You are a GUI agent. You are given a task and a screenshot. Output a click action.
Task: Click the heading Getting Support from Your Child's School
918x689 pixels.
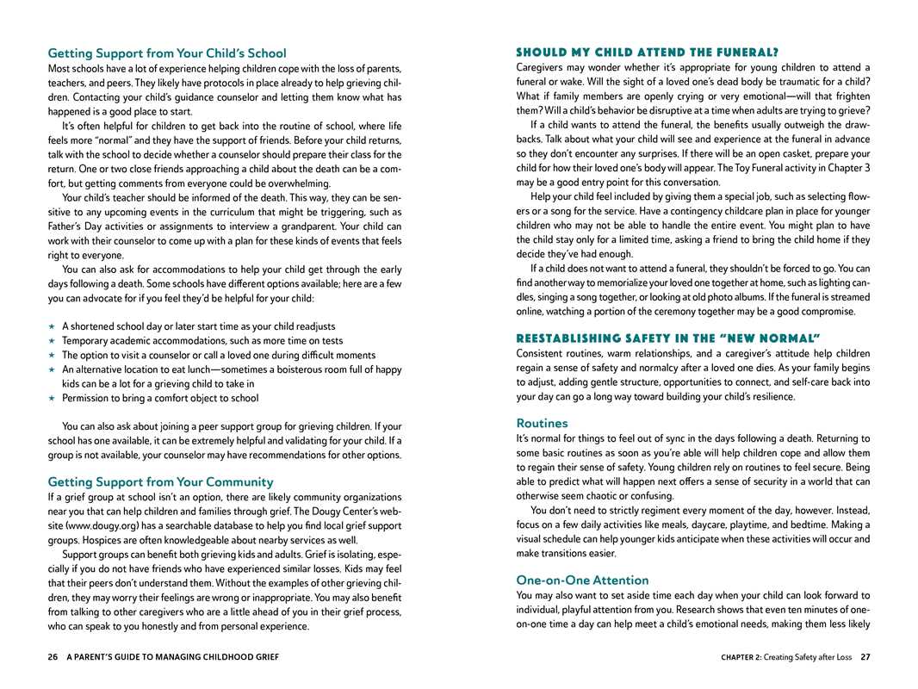(x=167, y=53)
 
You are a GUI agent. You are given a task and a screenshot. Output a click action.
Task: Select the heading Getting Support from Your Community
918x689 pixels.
(x=160, y=482)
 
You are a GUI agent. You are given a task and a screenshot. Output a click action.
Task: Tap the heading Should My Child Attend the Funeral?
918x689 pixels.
(x=647, y=53)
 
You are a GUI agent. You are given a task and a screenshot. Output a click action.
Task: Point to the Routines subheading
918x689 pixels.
(x=542, y=423)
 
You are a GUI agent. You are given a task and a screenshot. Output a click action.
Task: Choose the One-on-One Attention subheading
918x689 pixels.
(x=582, y=580)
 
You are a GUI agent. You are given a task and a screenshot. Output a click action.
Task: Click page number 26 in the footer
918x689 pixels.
(x=53, y=657)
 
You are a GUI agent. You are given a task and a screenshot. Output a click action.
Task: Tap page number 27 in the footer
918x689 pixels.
(x=865, y=657)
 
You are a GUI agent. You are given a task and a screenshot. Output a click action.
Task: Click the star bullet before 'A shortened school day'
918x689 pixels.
(x=52, y=326)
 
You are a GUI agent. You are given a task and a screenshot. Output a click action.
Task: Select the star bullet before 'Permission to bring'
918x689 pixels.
(x=52, y=398)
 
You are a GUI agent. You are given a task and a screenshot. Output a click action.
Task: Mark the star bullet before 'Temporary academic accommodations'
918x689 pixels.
(x=52, y=341)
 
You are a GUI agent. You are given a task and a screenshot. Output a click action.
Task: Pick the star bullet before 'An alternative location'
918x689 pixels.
(x=52, y=369)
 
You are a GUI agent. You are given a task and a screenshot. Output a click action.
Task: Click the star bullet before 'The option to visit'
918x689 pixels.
(x=52, y=355)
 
